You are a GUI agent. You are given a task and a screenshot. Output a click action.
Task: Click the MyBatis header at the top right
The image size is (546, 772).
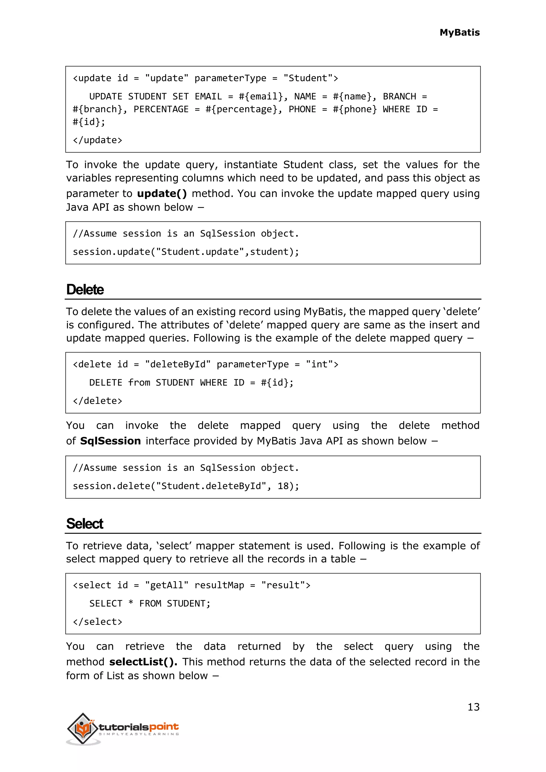point(459,33)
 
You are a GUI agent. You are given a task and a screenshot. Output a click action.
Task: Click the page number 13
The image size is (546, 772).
point(473,707)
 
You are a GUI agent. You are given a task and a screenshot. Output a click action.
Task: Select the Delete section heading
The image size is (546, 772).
point(85,289)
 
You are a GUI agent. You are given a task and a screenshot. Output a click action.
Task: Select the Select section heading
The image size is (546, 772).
point(85,524)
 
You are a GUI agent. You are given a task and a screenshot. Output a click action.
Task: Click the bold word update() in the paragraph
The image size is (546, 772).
point(162,194)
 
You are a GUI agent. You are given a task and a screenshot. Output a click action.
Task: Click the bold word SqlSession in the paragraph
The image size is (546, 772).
point(110,441)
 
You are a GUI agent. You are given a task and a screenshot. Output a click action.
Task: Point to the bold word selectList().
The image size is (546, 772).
point(143,662)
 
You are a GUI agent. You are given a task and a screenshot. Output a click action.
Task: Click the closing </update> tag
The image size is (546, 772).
point(98,140)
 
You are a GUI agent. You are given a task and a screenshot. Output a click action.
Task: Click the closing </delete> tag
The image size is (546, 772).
point(98,401)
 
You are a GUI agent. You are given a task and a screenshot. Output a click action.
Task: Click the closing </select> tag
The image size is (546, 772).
point(98,622)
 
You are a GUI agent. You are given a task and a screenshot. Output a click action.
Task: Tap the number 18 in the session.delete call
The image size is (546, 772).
point(283,486)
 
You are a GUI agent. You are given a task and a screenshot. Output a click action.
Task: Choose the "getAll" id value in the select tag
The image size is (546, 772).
point(167,585)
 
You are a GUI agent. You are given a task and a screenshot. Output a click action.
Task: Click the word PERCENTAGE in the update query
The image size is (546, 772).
point(161,110)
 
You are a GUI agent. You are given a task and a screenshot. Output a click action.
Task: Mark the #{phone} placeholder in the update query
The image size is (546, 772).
point(355,110)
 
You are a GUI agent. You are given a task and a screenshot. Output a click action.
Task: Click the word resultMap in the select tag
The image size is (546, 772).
point(219,585)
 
